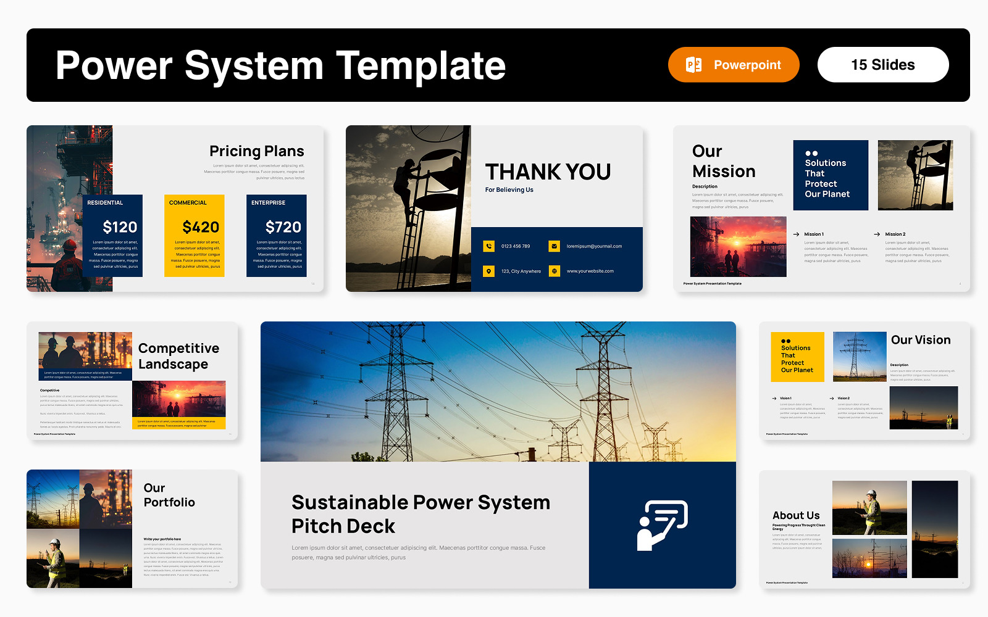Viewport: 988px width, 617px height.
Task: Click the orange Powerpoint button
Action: (x=734, y=65)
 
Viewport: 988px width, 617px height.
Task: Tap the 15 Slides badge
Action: (x=883, y=65)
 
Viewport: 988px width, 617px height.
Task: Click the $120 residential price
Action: (x=120, y=227)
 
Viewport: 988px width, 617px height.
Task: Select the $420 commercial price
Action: (x=201, y=227)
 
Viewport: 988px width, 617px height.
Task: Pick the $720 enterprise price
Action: (x=283, y=227)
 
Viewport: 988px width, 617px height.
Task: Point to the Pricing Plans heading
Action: (x=257, y=151)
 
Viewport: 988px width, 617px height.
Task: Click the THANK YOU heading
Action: (x=548, y=172)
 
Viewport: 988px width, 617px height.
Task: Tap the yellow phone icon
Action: (x=489, y=246)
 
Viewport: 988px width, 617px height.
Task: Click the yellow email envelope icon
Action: (x=555, y=246)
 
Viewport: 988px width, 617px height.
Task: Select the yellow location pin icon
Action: (x=489, y=271)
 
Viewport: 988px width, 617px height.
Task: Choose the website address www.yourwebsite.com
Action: (x=590, y=271)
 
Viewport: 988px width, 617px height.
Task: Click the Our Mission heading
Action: (x=724, y=161)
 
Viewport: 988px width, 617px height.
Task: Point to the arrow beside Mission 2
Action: (x=877, y=234)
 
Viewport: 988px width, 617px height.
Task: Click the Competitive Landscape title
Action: (x=178, y=356)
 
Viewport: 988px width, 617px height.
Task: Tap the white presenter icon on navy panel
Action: (x=662, y=525)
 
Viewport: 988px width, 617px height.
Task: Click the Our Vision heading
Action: (x=921, y=340)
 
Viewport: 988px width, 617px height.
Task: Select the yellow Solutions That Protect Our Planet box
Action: (x=797, y=357)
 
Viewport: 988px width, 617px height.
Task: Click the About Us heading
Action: (x=796, y=515)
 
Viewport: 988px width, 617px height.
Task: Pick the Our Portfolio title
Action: (x=169, y=495)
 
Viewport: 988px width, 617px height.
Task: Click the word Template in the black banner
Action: (x=421, y=65)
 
